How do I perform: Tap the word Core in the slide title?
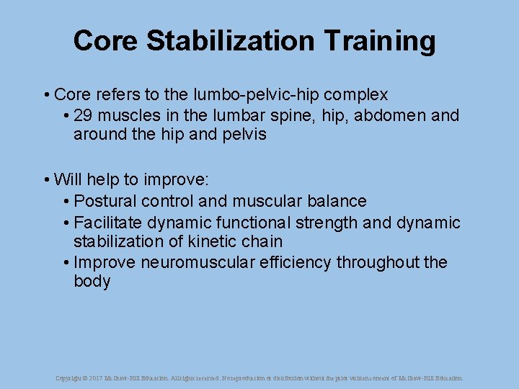106,41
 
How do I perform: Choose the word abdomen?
386,115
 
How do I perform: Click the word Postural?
105,201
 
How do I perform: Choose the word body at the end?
92,282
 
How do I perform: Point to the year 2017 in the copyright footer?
97,377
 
